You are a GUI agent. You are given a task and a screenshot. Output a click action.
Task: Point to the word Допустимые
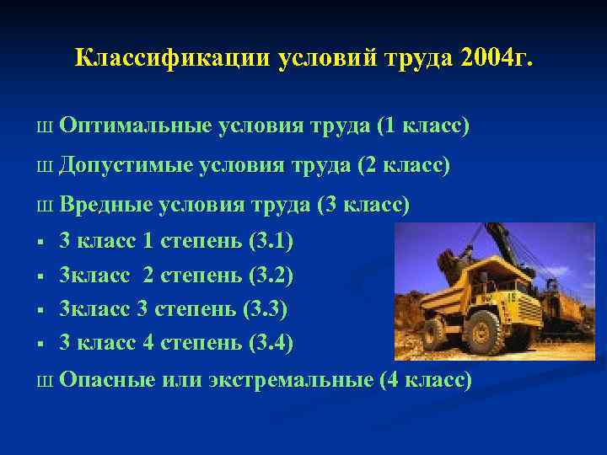[126, 166]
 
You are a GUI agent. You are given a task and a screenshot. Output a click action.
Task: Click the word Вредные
[106, 205]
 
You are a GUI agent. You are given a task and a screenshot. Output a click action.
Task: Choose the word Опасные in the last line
[107, 380]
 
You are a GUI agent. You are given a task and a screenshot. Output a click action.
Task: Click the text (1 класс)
[423, 126]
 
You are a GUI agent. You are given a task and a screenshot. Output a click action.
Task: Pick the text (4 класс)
[426, 380]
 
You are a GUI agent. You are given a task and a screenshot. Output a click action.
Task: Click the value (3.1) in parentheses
[271, 242]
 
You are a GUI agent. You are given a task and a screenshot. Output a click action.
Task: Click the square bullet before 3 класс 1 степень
[40, 244]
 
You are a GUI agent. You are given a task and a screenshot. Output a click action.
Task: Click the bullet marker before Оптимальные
[43, 128]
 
